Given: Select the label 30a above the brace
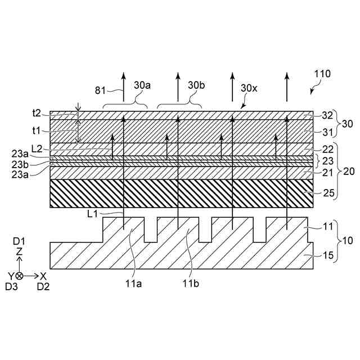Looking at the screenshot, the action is [142, 85].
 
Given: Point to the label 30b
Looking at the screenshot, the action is [196, 85].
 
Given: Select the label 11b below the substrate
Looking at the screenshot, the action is [191, 284].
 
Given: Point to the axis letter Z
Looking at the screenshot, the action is [19, 253].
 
